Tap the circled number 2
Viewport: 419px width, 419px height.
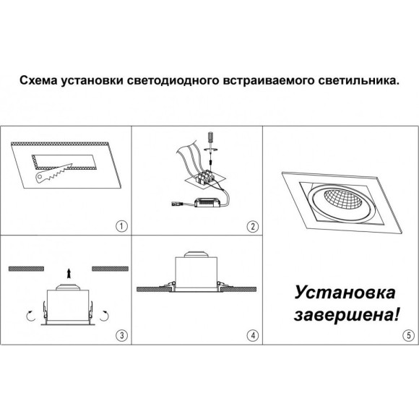point(252,226)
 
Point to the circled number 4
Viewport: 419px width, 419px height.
point(252,335)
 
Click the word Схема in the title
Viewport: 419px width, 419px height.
point(38,82)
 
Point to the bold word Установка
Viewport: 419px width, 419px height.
point(345,293)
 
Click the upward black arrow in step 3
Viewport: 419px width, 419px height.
point(69,273)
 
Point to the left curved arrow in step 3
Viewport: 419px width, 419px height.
point(30,316)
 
